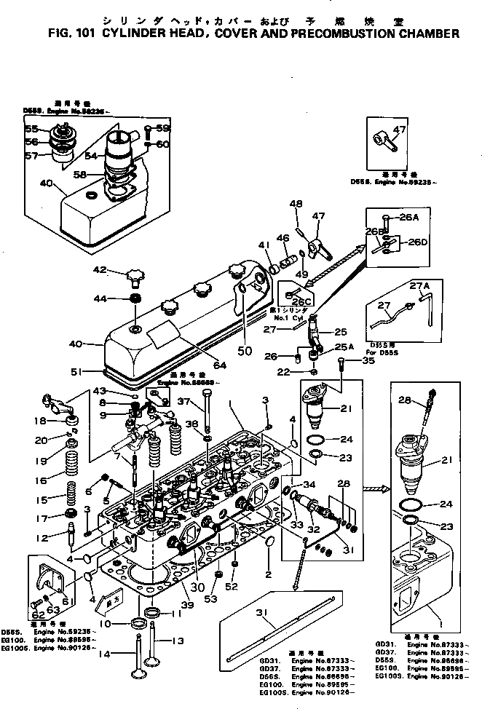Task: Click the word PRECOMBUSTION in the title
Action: pyautogui.click(x=345, y=33)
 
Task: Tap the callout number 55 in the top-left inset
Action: pyautogui.click(x=31, y=129)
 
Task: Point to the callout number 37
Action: pyautogui.click(x=185, y=403)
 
